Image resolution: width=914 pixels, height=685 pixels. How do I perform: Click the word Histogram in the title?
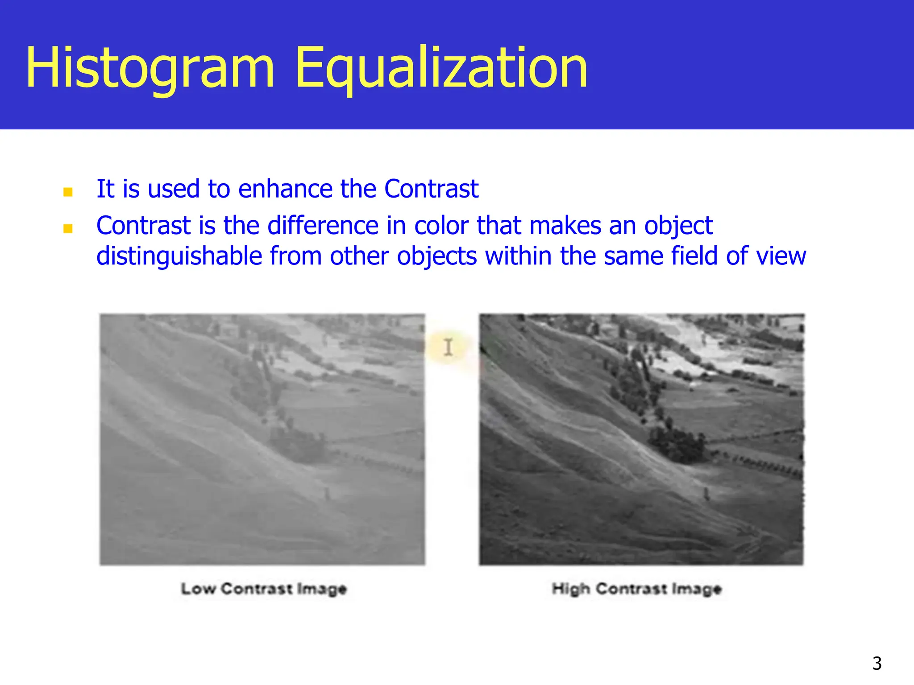[x=150, y=68]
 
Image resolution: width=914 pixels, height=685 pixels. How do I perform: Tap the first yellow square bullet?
[x=68, y=192]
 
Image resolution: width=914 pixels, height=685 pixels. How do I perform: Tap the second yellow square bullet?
[x=68, y=229]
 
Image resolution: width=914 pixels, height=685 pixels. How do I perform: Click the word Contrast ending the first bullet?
[x=431, y=189]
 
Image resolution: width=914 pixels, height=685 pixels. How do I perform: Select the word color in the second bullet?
[x=441, y=225]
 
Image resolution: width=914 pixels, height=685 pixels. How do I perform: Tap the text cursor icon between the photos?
[x=448, y=347]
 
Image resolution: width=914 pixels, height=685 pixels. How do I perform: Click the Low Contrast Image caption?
[x=264, y=589]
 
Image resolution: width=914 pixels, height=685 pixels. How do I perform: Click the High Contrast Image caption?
[x=636, y=589]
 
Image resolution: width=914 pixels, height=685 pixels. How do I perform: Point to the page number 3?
[x=877, y=664]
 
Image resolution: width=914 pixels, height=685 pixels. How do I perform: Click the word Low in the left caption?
[x=198, y=589]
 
